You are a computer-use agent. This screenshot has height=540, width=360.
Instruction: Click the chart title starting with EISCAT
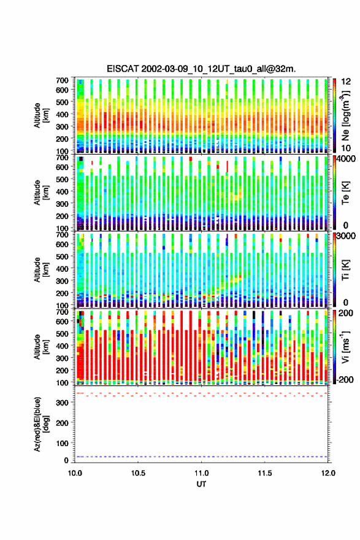201,69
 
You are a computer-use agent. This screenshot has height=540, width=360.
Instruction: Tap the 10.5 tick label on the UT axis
138,473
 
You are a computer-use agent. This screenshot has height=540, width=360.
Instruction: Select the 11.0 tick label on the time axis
201,473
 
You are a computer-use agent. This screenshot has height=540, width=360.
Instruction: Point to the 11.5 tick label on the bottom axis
265,473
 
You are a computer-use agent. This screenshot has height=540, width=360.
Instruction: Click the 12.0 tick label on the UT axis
328,473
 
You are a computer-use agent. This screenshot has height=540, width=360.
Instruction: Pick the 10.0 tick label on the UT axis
75,473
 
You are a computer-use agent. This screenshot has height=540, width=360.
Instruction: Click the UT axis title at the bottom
201,484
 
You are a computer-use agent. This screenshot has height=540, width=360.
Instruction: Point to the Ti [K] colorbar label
345,270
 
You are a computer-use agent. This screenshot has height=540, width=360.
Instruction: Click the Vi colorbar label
345,347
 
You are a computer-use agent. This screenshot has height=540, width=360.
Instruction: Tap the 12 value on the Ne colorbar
346,81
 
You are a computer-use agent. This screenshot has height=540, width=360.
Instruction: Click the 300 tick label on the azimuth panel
63,403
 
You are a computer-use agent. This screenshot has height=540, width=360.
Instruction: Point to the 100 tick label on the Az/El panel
63,443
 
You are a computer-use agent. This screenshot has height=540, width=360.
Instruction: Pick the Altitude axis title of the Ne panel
41,115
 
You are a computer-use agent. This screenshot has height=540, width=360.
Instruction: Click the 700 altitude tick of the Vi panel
63,312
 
